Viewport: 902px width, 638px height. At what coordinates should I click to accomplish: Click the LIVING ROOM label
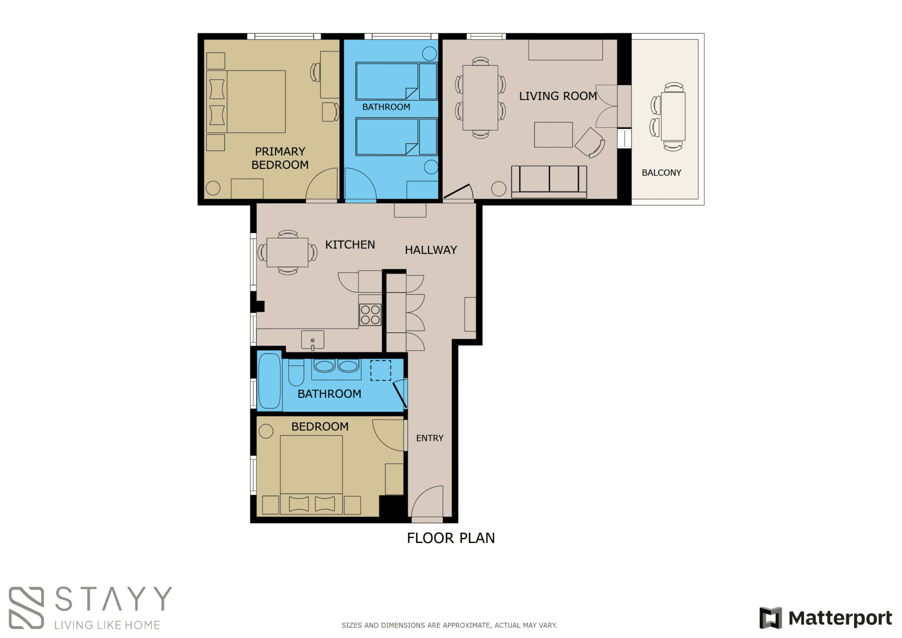[x=557, y=96]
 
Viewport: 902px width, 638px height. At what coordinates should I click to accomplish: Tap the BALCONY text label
[x=661, y=173]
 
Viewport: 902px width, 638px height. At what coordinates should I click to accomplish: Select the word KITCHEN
[x=350, y=245]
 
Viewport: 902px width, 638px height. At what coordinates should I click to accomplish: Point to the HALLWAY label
[x=430, y=250]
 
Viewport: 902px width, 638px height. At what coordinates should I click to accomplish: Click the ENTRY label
[x=429, y=438]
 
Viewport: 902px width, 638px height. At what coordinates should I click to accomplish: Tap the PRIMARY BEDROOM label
[x=280, y=158]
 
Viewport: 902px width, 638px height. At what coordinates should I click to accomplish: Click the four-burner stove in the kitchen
[x=370, y=315]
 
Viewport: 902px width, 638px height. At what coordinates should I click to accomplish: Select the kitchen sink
[x=312, y=340]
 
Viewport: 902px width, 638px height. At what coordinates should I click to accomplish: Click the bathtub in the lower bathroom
[x=269, y=381]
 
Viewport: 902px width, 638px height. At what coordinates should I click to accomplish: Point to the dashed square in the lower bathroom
[x=380, y=371]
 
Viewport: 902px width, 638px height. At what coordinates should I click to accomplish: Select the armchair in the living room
[x=590, y=142]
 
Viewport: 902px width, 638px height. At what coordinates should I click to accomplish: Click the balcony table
[x=672, y=116]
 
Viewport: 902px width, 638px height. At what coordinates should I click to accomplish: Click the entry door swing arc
[x=427, y=501]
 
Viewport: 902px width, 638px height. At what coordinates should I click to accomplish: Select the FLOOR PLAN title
[x=450, y=538]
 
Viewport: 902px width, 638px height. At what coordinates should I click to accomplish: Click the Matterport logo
[x=825, y=618]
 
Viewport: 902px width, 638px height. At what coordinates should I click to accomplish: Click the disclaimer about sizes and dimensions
[x=449, y=625]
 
